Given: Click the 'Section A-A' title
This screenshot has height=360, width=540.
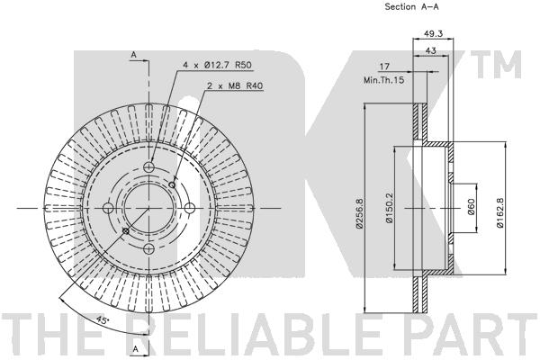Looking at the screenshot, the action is (411, 6).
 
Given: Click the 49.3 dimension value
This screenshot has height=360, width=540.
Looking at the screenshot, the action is (433, 33).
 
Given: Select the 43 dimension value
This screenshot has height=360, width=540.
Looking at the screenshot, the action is (431, 50).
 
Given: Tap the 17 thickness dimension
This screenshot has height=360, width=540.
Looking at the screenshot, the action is (384, 66).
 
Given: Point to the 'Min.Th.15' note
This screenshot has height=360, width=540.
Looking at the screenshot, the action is (384, 80).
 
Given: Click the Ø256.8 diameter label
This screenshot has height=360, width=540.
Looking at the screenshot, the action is (359, 213).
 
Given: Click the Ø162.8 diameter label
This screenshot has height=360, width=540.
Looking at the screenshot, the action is (500, 213).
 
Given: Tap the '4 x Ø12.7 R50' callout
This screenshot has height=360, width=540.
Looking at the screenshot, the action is (217, 65).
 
